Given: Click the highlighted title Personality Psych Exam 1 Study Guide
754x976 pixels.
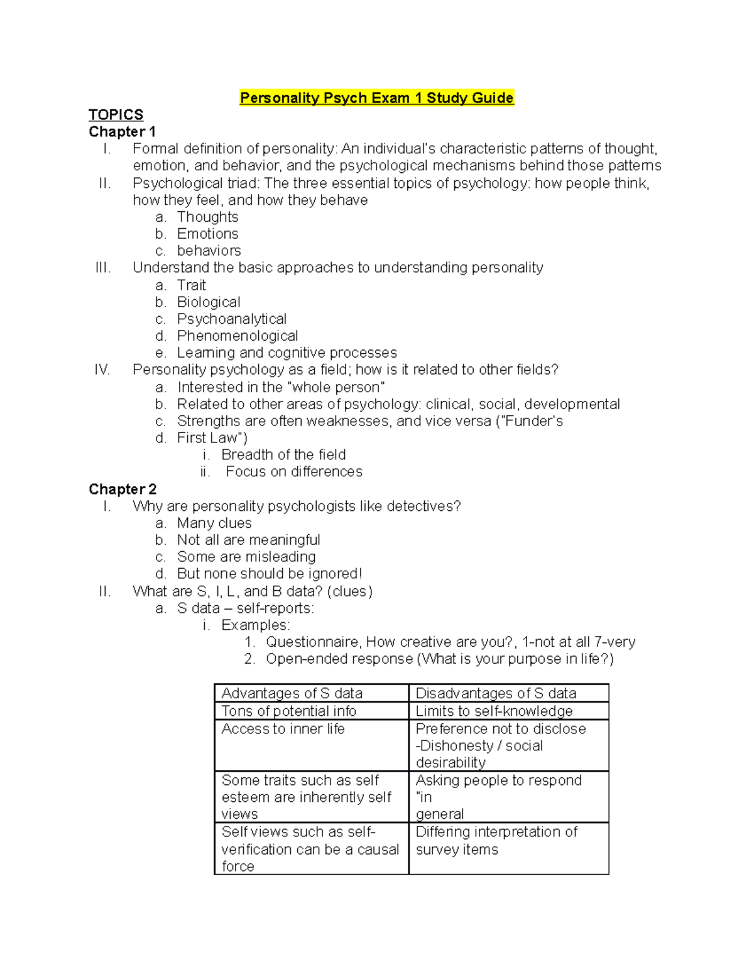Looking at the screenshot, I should click(x=376, y=98).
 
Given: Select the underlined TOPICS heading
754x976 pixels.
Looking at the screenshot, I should click(x=116, y=115).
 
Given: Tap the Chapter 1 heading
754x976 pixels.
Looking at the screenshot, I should click(x=122, y=132).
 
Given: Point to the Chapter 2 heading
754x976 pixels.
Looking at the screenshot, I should click(x=123, y=489).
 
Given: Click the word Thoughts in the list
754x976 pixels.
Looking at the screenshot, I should click(x=207, y=217).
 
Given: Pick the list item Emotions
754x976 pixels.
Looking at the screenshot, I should click(x=207, y=234).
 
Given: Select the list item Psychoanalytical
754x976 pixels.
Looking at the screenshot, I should click(x=231, y=319).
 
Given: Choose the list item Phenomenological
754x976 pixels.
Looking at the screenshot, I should click(x=237, y=336).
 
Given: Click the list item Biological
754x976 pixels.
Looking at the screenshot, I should click(x=209, y=302).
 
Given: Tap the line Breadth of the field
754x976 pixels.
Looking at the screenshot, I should click(x=283, y=454).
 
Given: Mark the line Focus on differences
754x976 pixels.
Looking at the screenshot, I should click(x=293, y=471).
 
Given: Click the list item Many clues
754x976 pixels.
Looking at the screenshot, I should click(x=214, y=523).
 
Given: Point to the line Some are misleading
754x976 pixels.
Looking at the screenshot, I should click(x=246, y=557).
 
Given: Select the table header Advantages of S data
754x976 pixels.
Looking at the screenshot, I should click(x=292, y=693).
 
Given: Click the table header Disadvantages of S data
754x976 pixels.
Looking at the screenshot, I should click(x=496, y=693).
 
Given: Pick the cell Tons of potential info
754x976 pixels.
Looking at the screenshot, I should click(x=288, y=711).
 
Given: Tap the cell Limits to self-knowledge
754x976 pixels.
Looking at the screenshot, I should click(x=494, y=711).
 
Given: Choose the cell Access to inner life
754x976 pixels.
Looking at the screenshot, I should click(x=283, y=729).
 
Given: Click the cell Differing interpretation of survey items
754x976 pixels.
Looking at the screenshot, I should click(x=496, y=840).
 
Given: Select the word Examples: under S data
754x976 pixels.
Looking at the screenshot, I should click(x=255, y=625).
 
